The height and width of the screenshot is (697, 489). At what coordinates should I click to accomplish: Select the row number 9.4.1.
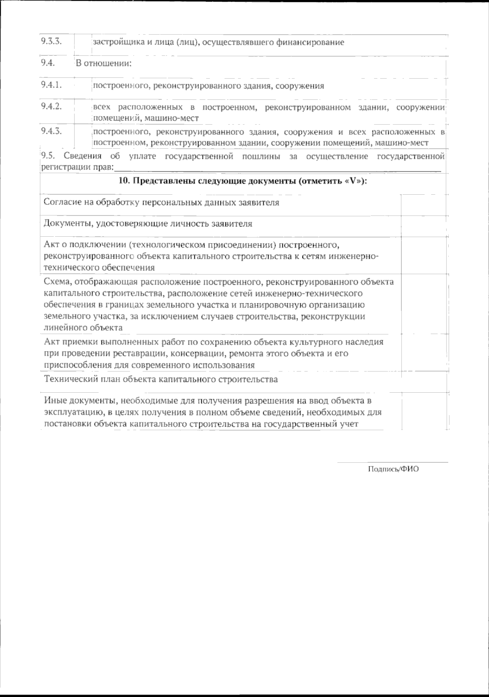tap(51, 85)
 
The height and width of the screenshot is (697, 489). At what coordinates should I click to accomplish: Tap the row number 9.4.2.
tap(51, 107)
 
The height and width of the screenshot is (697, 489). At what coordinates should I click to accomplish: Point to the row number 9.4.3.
tap(51, 131)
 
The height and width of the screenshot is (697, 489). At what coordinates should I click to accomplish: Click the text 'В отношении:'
tap(104, 64)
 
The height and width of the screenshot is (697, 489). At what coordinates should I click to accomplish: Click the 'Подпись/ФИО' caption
tap(393, 469)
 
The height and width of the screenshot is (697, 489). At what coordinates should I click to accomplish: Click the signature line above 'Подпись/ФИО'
tap(392, 462)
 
